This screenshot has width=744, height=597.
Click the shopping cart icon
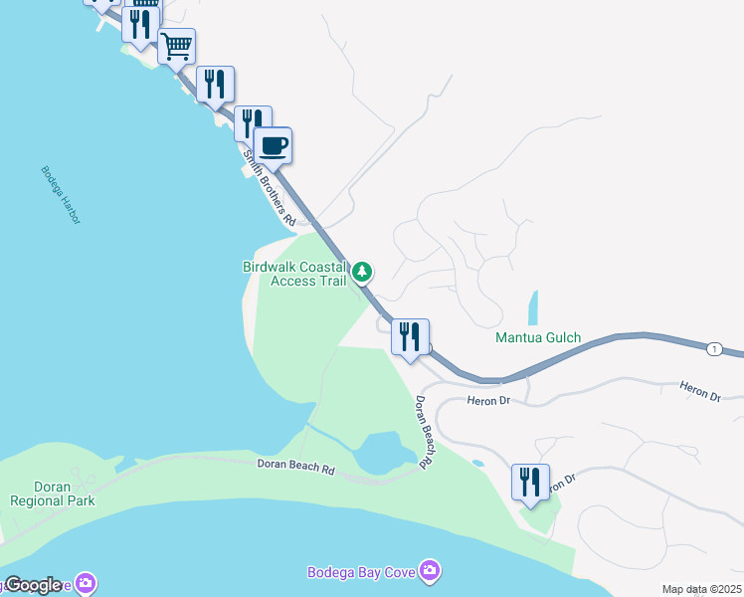coord(176,46)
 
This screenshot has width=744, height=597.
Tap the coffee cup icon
coord(273,146)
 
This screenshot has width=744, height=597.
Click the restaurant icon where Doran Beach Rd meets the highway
coord(410,337)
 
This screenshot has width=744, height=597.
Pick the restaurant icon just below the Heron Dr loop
coord(530,483)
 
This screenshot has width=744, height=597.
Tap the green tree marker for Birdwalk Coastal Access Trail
coord(363,271)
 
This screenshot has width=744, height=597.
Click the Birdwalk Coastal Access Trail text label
coord(295,274)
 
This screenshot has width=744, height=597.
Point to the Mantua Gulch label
coord(538,338)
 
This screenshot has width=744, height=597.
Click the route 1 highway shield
coord(713,349)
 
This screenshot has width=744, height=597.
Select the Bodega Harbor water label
coord(61,194)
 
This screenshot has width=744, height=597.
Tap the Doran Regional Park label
coord(53,494)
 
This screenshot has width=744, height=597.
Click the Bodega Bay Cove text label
coord(362,570)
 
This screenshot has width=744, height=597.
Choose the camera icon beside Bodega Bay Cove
coord(431,570)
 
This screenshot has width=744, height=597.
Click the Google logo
coord(32,585)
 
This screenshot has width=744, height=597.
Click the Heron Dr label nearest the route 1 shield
coord(699,391)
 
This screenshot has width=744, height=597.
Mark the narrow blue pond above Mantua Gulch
coord(532,306)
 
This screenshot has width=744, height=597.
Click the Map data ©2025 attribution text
coord(702,590)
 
